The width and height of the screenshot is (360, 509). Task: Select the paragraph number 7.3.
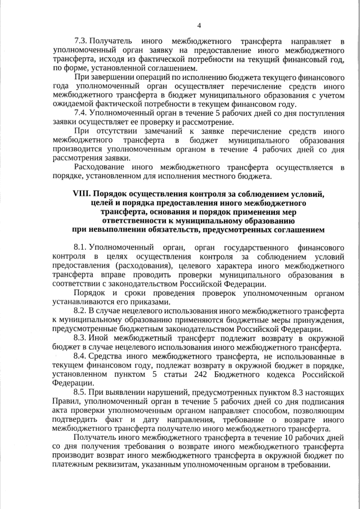click(81, 42)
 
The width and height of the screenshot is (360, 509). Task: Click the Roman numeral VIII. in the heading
click(83, 193)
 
